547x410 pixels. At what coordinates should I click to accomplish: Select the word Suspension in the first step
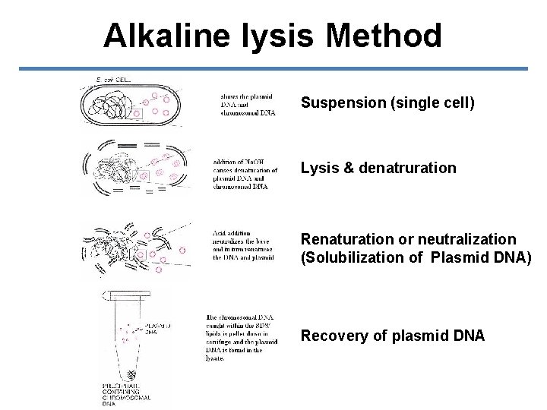point(343,102)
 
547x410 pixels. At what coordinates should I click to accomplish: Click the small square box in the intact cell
point(137,115)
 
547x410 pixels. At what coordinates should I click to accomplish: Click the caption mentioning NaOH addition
point(245,173)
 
